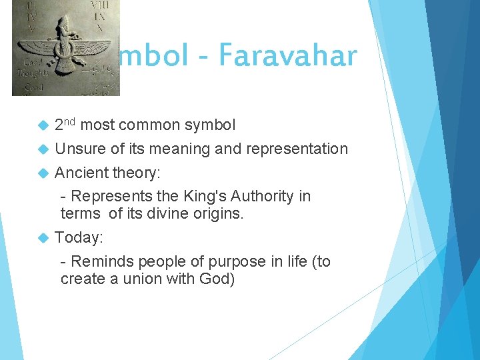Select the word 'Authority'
(263, 196)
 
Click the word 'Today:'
(79, 237)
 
